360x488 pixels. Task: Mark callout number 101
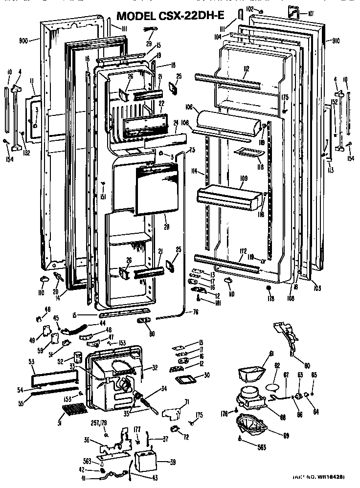click(x=311, y=12)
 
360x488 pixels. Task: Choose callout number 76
click(x=195, y=312)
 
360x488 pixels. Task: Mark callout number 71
click(x=186, y=402)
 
